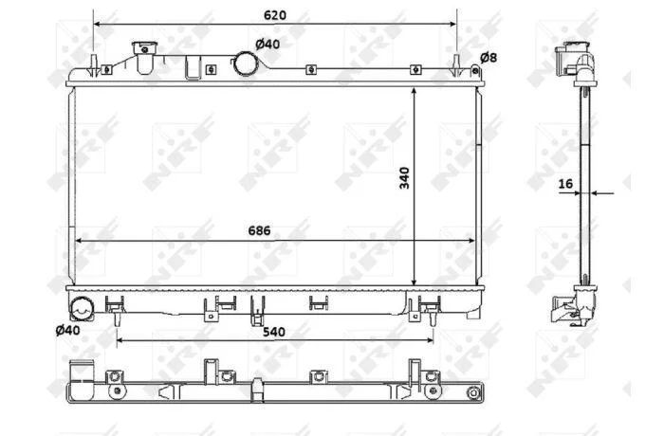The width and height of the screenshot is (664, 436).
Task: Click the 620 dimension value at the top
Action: [275, 15]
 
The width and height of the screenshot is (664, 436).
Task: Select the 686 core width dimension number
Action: [259, 230]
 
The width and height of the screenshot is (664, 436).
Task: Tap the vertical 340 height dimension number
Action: [405, 178]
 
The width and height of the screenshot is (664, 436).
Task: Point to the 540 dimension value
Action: [273, 332]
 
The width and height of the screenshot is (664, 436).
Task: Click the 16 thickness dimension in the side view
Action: [565, 184]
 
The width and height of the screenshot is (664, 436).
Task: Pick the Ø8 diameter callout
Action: [489, 57]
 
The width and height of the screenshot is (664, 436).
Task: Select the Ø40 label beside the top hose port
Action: [267, 44]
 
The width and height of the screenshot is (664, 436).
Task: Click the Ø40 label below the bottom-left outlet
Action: [67, 330]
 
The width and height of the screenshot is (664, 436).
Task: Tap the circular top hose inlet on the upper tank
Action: [246, 64]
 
